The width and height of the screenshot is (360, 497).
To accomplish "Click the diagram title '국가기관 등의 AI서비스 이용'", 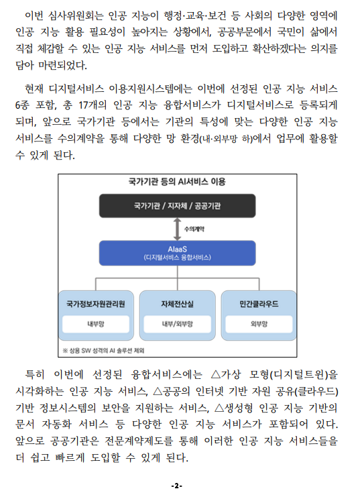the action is pyautogui.click(x=177, y=182).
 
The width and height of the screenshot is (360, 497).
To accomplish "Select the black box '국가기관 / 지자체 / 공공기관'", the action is pyautogui.click(x=177, y=206).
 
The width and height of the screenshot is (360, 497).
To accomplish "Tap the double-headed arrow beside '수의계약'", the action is pyautogui.click(x=177, y=229).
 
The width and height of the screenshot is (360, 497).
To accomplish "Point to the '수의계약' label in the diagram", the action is pyautogui.click(x=194, y=229).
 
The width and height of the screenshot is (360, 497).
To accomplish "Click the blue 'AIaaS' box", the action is pyautogui.click(x=177, y=253).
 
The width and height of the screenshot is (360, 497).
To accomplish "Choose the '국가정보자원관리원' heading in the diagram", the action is pyautogui.click(x=96, y=304).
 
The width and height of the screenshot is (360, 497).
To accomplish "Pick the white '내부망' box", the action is pyautogui.click(x=96, y=324).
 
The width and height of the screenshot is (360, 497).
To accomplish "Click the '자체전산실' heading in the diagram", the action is pyautogui.click(x=177, y=304).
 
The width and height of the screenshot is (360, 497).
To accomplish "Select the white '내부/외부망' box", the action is pyautogui.click(x=177, y=324).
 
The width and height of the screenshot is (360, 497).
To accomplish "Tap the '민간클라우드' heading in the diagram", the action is pyautogui.click(x=259, y=304).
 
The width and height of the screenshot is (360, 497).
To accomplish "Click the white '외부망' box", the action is pyautogui.click(x=259, y=324).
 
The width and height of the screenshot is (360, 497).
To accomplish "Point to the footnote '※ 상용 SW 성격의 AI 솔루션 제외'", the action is pyautogui.click(x=103, y=350).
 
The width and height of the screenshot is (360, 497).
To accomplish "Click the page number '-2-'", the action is pyautogui.click(x=177, y=486).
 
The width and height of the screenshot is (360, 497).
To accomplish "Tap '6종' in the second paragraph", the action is pyautogui.click(x=22, y=105).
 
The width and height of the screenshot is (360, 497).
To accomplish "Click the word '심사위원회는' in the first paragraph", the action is pyautogui.click(x=76, y=15).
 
